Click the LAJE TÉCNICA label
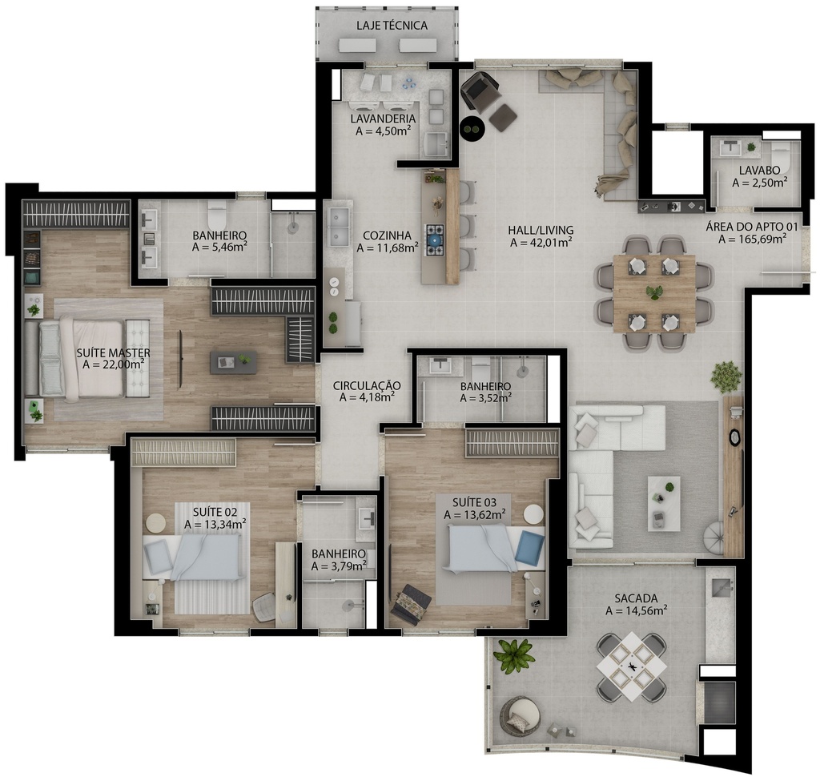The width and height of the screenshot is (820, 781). coord(392,25)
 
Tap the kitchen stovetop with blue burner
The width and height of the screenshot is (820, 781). coord(433,240)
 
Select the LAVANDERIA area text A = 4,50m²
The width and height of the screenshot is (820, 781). coord(383,131)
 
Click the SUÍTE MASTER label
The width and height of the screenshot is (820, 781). coord(113,353)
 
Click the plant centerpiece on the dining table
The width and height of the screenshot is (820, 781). coord(653,292)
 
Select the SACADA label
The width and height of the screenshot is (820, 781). coord(636,598)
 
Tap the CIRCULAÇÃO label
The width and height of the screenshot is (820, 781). coord(367,385)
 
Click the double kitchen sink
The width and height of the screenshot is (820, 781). coord(339,226)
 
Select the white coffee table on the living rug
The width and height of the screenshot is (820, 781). coord(664,503)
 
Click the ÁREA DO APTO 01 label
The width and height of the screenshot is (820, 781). coord(752,227)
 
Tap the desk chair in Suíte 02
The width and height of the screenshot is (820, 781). coord(266,606)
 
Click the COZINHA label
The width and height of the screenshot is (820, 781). coord(387,236)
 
